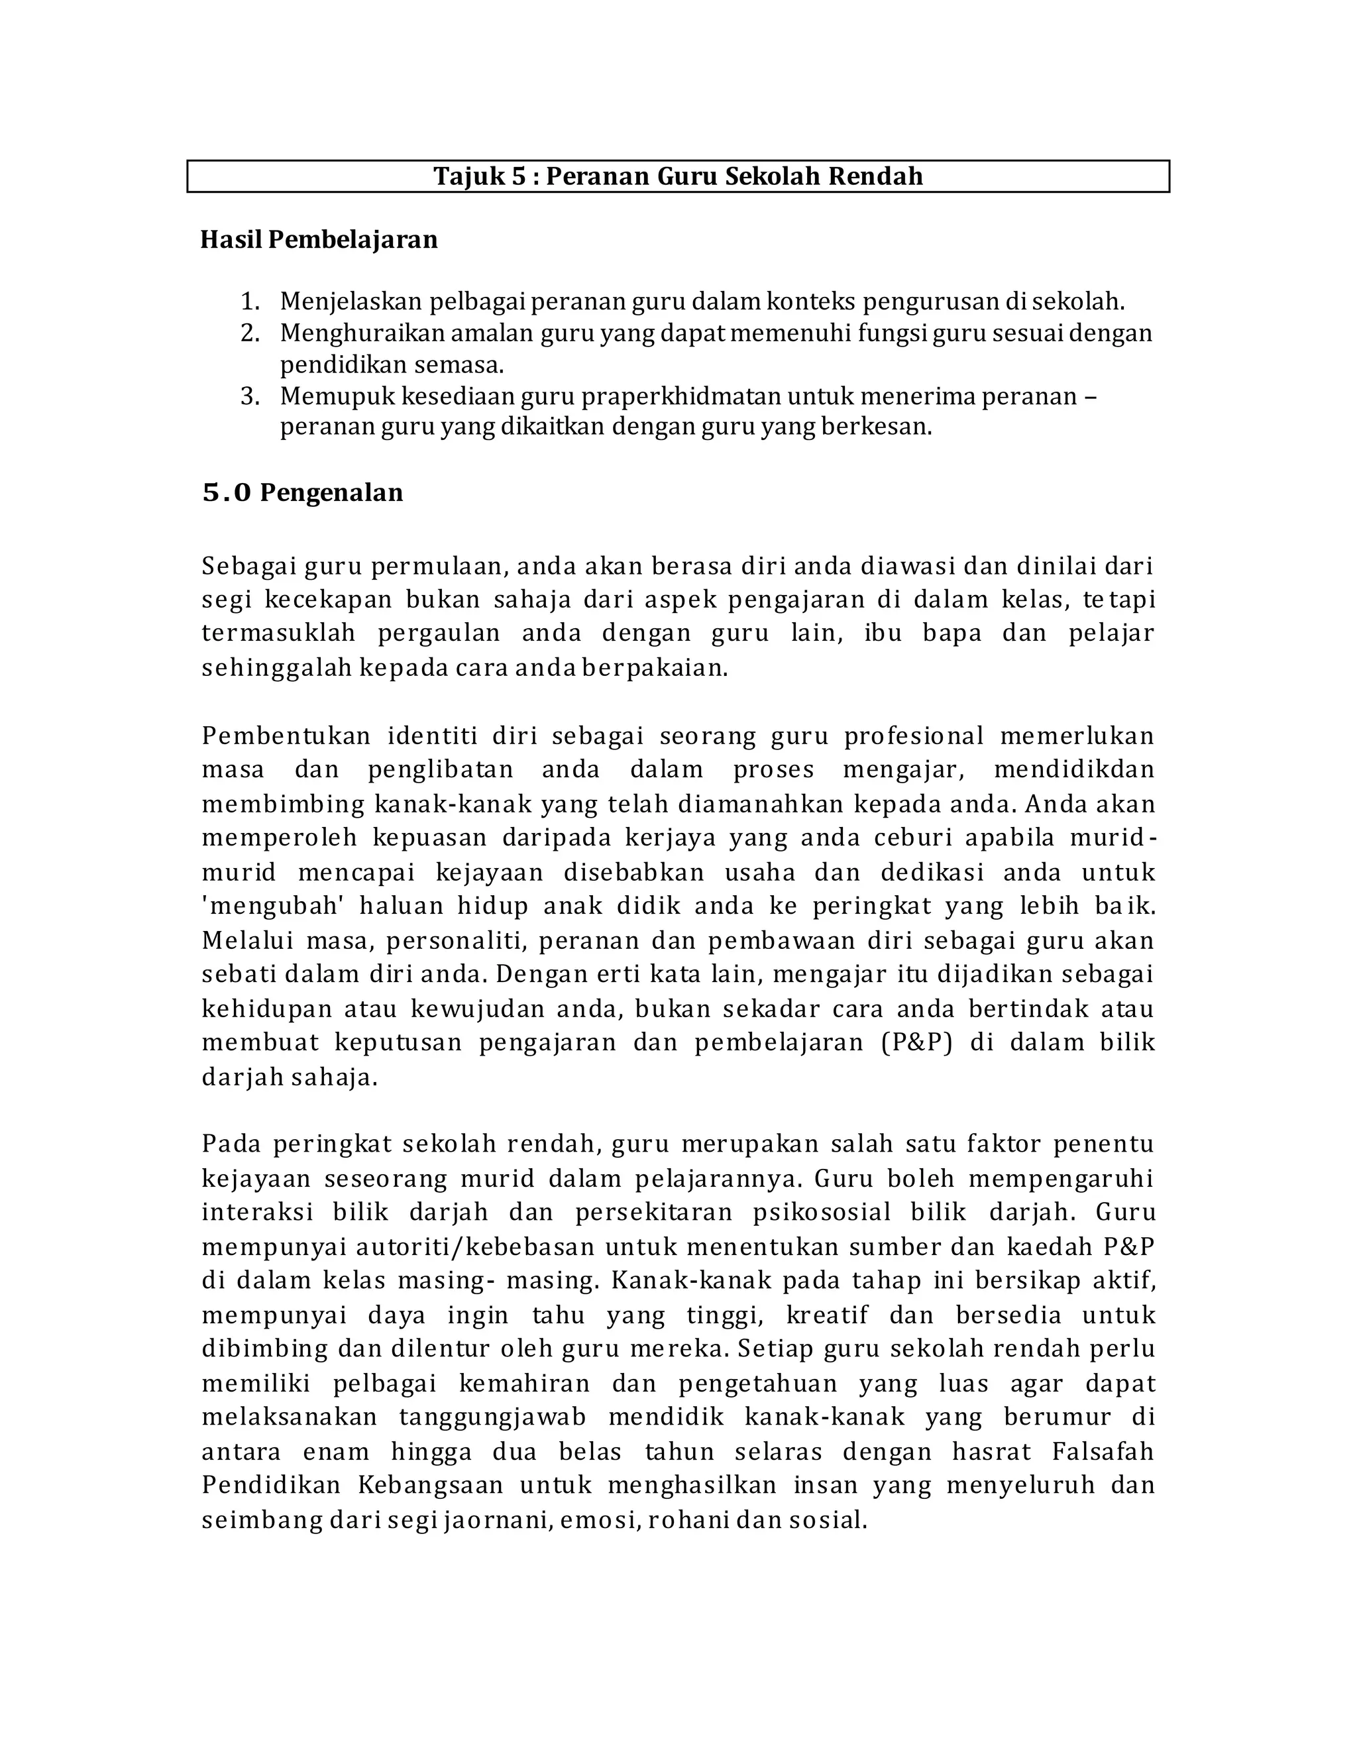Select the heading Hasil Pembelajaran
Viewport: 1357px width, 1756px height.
[319, 240]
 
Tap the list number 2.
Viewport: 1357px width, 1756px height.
[250, 333]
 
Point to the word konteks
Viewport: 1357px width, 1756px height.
[811, 302]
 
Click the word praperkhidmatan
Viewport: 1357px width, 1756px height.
[681, 396]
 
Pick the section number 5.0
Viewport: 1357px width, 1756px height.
[226, 492]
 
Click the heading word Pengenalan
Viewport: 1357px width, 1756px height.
[331, 492]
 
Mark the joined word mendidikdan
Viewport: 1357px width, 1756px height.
[1074, 769]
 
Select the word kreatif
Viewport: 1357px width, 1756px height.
[827, 1315]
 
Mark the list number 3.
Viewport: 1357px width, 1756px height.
[250, 396]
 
